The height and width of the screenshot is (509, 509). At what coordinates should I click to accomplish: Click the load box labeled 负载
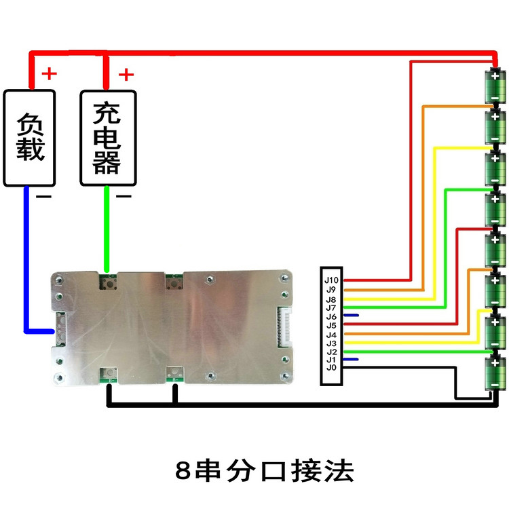pyautogui.click(x=30, y=137)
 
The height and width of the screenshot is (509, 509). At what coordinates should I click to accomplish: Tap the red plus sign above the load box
pyautogui.click(x=50, y=73)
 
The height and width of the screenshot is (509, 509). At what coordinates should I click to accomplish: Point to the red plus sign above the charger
pyautogui.click(x=126, y=73)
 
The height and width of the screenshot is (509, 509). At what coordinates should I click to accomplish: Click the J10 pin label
pyautogui.click(x=331, y=279)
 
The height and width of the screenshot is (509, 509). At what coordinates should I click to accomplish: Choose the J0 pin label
pyautogui.click(x=331, y=367)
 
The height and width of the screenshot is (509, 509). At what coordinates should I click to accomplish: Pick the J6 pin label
pyautogui.click(x=331, y=315)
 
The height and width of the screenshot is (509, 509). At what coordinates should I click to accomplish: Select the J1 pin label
pyautogui.click(x=331, y=358)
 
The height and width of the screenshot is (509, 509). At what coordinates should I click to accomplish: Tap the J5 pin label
pyautogui.click(x=331, y=324)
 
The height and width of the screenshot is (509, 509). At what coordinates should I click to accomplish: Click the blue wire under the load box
pyautogui.click(x=26, y=258)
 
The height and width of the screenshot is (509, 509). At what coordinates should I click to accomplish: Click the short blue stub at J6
pyautogui.click(x=351, y=315)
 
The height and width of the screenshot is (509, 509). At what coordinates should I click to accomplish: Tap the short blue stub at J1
pyautogui.click(x=351, y=358)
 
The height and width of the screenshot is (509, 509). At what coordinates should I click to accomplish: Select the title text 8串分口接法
pyautogui.click(x=264, y=470)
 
